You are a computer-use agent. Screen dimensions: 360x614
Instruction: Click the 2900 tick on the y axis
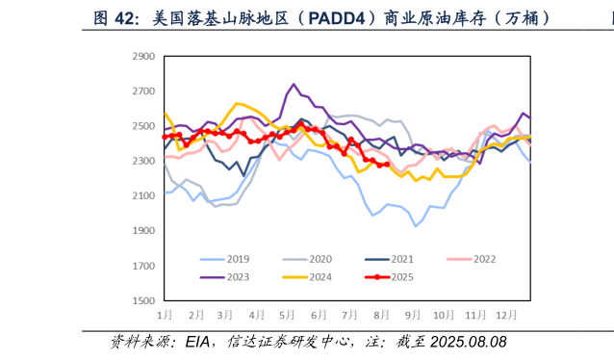click(x=141, y=57)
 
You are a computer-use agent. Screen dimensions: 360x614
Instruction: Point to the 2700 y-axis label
click(x=141, y=91)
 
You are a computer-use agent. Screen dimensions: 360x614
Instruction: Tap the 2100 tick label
click(x=141, y=196)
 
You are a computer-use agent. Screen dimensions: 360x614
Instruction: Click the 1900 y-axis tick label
click(x=141, y=231)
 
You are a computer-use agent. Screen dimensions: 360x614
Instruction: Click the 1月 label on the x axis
click(x=166, y=315)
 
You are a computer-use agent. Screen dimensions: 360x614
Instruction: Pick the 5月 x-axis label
click(x=287, y=315)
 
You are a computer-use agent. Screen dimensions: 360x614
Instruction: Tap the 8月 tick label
click(x=381, y=315)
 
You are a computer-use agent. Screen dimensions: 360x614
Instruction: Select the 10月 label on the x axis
click(x=443, y=315)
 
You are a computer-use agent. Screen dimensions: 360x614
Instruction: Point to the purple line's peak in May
click(x=294, y=85)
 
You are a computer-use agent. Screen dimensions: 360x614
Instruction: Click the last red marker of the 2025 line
click(x=386, y=165)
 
